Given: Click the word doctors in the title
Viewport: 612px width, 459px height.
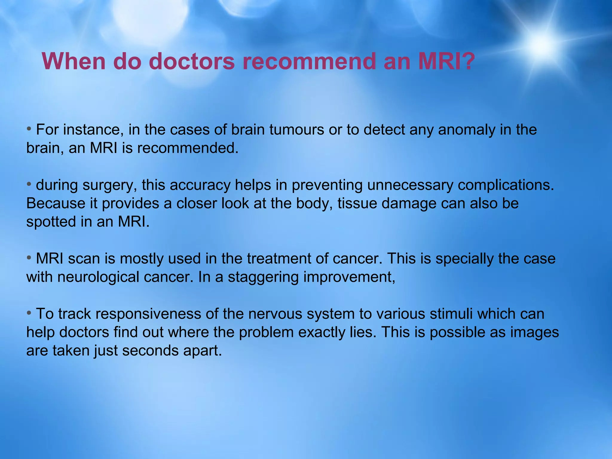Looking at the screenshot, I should click(x=192, y=61).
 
